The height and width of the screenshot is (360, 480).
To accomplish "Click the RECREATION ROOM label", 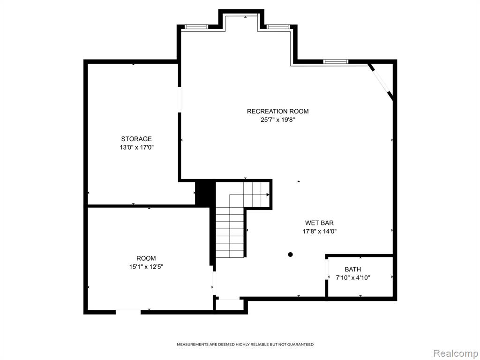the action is [277, 111].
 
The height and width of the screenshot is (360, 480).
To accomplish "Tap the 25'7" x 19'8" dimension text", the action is [277, 120].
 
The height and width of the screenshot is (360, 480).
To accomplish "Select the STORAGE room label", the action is [136, 139].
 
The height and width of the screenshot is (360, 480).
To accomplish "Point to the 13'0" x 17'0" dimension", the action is [136, 147].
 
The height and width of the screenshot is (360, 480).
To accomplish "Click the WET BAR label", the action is [319, 223].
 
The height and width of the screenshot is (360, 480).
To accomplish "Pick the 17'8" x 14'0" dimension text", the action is [320, 232].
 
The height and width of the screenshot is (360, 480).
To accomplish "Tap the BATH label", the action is [352, 270].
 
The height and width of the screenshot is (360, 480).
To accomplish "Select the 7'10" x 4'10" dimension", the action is [353, 278].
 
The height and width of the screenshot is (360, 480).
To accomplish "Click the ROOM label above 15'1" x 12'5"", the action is [146, 258].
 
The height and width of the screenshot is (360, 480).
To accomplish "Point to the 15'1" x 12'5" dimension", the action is [146, 267].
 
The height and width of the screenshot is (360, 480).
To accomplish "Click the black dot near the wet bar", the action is [290, 255].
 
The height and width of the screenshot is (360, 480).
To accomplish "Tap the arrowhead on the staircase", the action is [268, 195].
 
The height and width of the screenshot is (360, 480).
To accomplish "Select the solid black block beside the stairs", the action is [202, 194].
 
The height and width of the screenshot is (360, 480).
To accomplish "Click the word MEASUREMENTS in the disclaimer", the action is [193, 345].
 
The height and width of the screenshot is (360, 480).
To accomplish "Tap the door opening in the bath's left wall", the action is [327, 269].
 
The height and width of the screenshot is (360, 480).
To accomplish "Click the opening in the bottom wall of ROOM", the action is [128, 312].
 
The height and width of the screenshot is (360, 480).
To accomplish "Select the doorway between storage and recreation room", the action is [180, 100].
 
